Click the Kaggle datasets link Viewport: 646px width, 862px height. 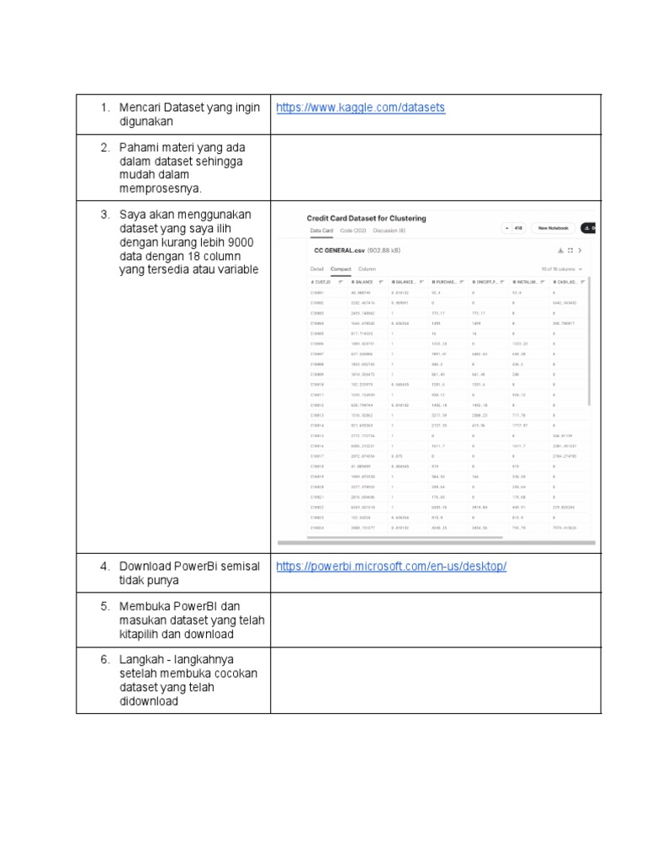tap(360, 108)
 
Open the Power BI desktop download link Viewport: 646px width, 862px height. tap(391, 567)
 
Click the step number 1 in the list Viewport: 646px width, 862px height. tap(105, 108)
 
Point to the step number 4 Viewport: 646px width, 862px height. tap(105, 567)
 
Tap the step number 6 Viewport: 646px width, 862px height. tap(105, 659)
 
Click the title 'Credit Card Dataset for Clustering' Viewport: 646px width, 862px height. tap(366, 218)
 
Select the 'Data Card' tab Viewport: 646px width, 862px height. tap(322, 230)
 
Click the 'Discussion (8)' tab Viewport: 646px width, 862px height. tap(389, 230)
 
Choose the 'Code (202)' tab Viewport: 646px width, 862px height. tap(353, 230)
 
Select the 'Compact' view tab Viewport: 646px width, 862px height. tap(341, 269)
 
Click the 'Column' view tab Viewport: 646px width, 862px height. tap(368, 269)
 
